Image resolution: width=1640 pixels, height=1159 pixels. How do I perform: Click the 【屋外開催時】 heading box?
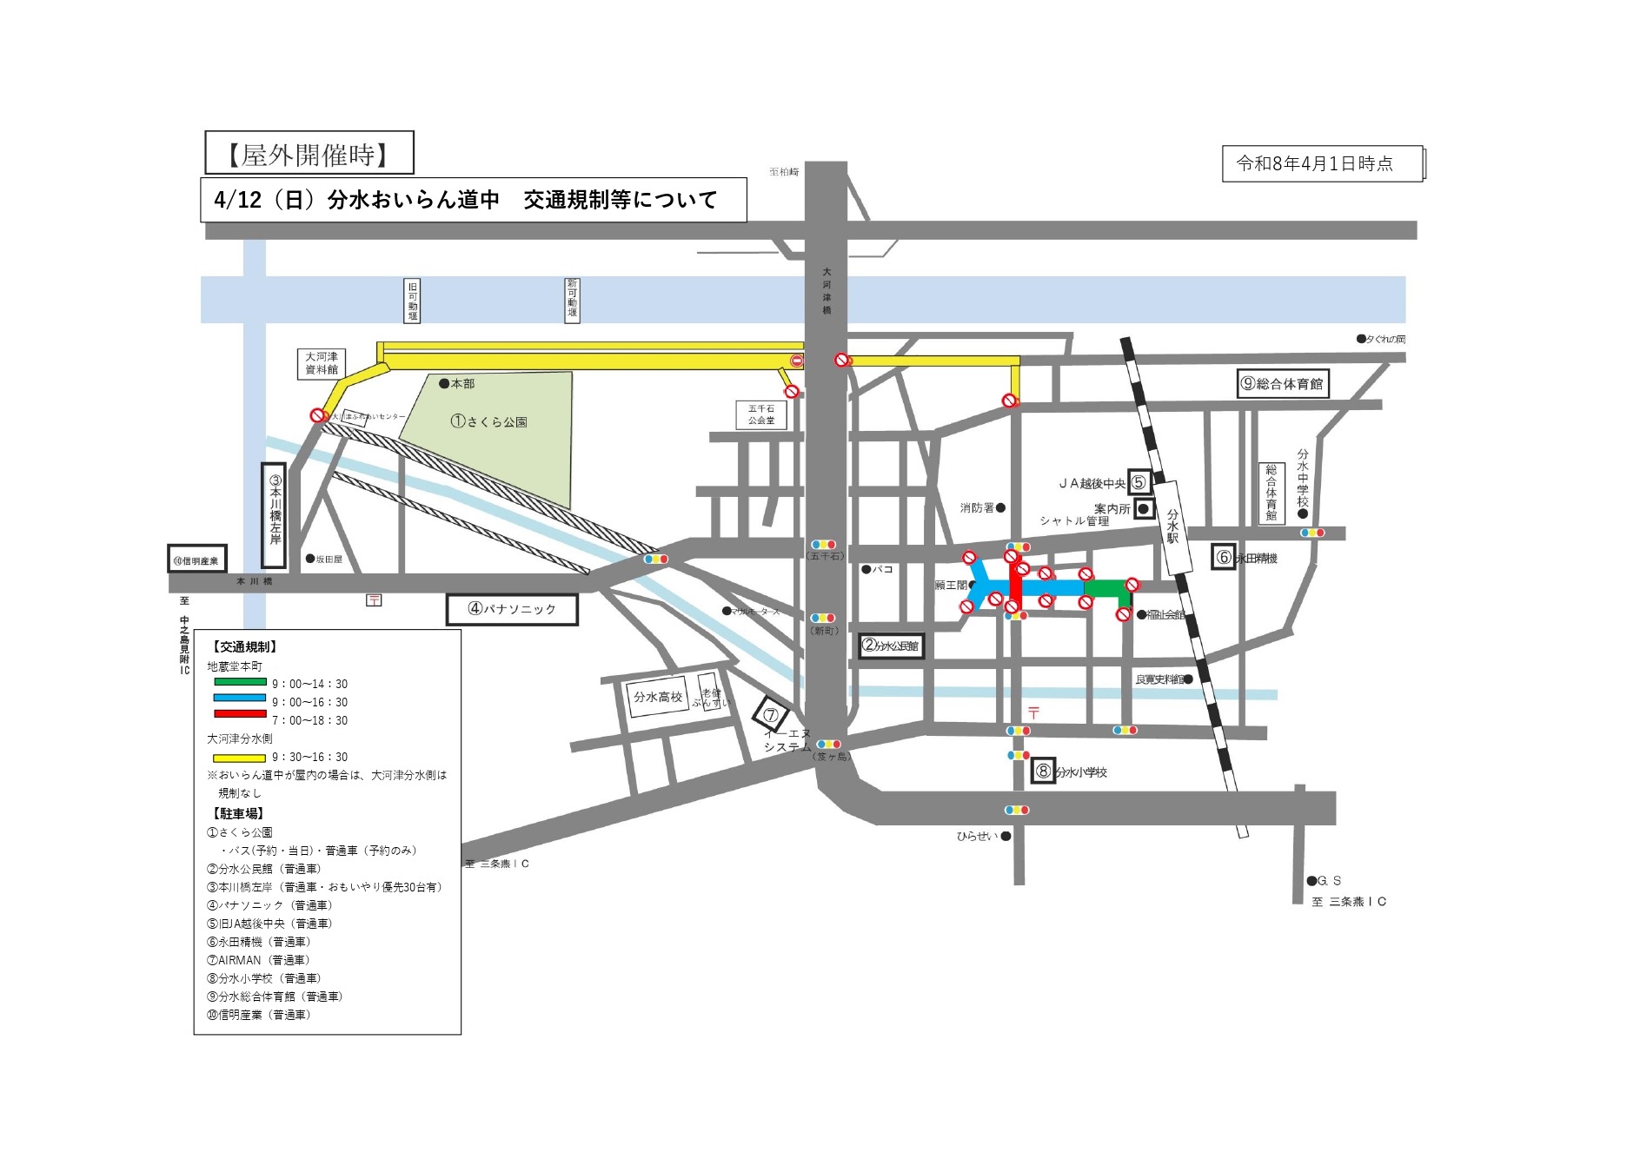tap(309, 154)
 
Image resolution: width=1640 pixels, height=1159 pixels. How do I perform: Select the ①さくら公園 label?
tap(488, 421)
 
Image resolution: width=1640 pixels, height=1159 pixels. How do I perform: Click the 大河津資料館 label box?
tap(322, 363)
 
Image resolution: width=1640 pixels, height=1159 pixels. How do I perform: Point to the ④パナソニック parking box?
tap(512, 609)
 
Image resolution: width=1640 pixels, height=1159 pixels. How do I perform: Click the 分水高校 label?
tap(658, 697)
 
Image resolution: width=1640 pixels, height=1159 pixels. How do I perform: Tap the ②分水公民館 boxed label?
tap(890, 646)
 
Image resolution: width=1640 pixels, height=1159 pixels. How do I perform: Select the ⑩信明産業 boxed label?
tap(196, 560)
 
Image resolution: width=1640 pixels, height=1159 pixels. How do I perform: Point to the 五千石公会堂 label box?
tap(760, 414)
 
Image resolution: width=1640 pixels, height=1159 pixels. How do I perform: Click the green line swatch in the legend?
tap(240, 682)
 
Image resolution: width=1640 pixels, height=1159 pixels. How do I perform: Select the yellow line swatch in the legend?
tap(240, 757)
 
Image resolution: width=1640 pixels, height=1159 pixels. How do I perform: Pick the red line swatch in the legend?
tap(240, 714)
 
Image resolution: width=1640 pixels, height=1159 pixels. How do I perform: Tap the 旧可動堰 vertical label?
tap(412, 301)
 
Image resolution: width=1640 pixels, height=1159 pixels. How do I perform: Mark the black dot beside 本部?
tap(443, 383)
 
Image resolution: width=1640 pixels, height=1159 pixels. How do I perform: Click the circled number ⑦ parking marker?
tap(770, 716)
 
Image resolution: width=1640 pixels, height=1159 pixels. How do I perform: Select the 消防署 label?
tap(977, 507)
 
